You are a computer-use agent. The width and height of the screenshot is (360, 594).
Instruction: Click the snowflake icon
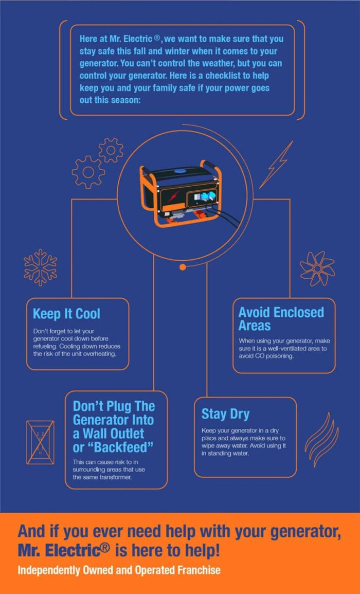(x=40, y=267)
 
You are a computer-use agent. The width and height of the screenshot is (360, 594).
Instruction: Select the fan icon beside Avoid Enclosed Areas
(x=317, y=268)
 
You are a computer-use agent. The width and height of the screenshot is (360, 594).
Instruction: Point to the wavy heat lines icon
(x=321, y=439)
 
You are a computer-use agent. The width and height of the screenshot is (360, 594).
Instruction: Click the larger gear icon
(x=88, y=172)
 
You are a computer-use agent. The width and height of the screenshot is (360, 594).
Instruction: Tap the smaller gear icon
(x=111, y=150)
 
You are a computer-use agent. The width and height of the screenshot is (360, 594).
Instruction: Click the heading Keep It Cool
(x=66, y=314)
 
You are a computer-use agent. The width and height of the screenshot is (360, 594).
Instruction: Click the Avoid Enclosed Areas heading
(x=281, y=319)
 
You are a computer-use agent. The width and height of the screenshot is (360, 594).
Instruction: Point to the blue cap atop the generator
(x=179, y=171)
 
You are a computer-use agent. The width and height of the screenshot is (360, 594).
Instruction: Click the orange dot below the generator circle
(x=183, y=267)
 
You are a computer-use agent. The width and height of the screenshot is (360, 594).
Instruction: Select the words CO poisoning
(x=275, y=356)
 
